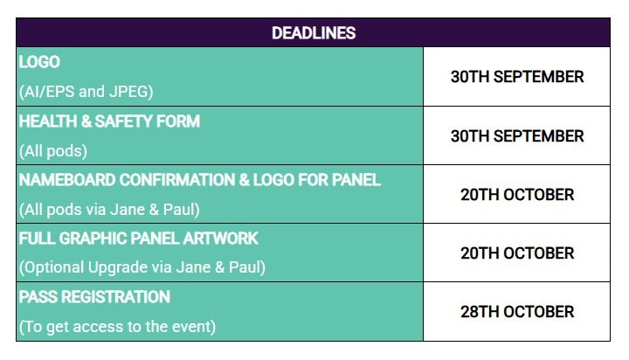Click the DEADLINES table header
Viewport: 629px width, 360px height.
tap(314, 33)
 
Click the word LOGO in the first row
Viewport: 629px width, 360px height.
tap(39, 62)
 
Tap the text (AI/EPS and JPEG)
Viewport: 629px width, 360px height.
tap(86, 92)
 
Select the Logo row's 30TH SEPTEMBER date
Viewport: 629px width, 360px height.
tap(517, 77)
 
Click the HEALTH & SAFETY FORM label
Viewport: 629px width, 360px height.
tap(109, 121)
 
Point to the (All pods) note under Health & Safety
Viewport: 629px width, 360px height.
tap(53, 151)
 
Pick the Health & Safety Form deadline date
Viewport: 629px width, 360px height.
tap(517, 136)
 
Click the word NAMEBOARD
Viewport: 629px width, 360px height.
tap(67, 180)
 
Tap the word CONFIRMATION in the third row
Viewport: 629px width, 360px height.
tap(176, 180)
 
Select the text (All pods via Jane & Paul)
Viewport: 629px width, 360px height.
tap(109, 210)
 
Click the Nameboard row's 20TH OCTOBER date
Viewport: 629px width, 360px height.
tap(517, 195)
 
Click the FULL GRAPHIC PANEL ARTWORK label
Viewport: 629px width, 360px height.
tap(138, 239)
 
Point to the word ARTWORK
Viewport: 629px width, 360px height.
tap(221, 239)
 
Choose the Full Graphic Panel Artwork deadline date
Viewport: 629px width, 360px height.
tap(517, 253)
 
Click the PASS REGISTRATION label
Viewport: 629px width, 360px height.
tap(94, 297)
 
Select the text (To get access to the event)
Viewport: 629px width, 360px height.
tap(117, 327)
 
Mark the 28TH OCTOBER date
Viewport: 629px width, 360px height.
tap(517, 312)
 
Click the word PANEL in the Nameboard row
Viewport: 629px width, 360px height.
tap(356, 180)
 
